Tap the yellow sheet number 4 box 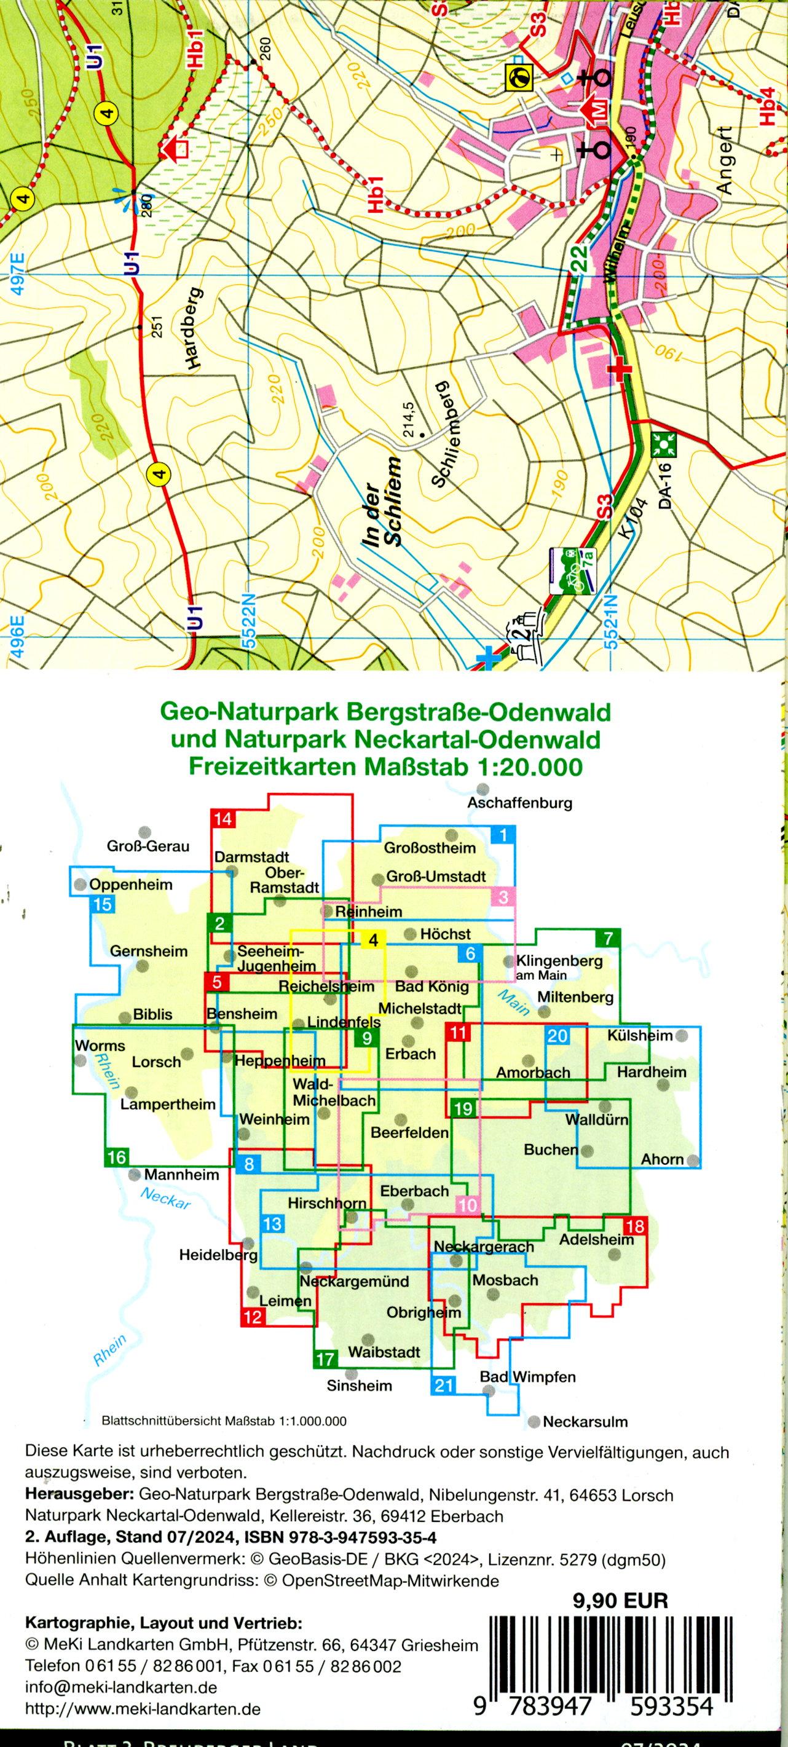(x=373, y=940)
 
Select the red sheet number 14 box (x=223, y=819)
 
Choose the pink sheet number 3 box (x=503, y=897)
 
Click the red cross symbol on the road (x=618, y=369)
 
